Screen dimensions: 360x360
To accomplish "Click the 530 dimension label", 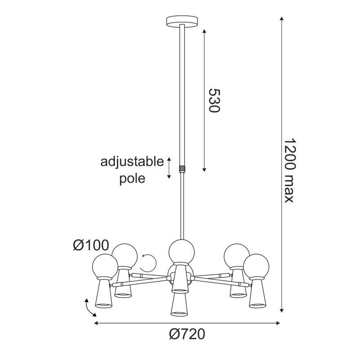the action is click(214, 100).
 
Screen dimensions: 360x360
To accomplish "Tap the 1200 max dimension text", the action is click(289, 171).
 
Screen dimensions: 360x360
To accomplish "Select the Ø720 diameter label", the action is click(187, 334).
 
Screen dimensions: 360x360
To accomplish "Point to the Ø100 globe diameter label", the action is click(91, 245).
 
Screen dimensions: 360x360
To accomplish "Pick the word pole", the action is click(132, 179).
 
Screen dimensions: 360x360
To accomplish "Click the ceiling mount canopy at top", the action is click(182, 22).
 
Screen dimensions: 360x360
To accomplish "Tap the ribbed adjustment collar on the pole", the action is click(182, 168).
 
